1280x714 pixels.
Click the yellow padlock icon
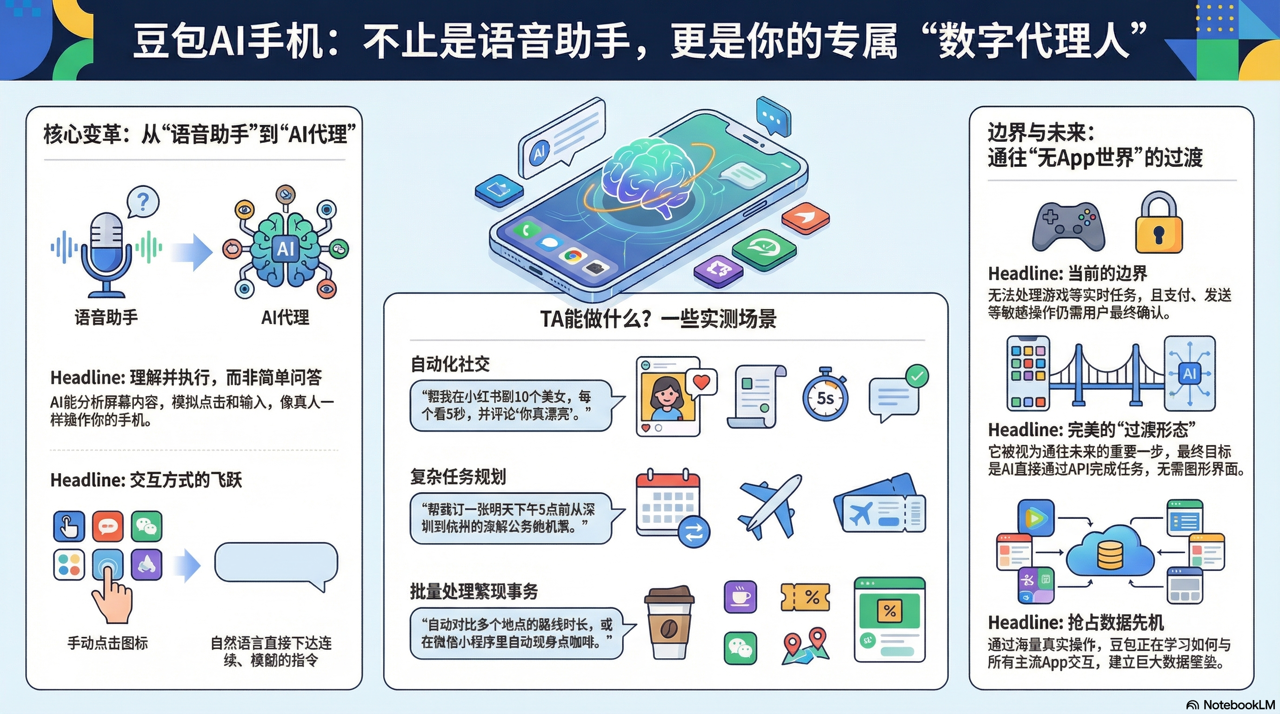click(x=1159, y=226)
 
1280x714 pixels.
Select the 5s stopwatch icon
click(x=825, y=396)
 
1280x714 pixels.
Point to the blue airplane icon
click(x=770, y=507)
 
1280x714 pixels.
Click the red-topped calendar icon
click(x=668, y=502)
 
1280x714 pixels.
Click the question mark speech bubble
click(x=143, y=202)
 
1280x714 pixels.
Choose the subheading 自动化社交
click(x=450, y=364)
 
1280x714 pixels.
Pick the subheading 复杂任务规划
click(x=458, y=476)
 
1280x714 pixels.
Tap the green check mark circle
click(x=917, y=377)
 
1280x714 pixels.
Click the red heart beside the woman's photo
click(x=701, y=382)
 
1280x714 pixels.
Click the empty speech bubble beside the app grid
click(x=276, y=563)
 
